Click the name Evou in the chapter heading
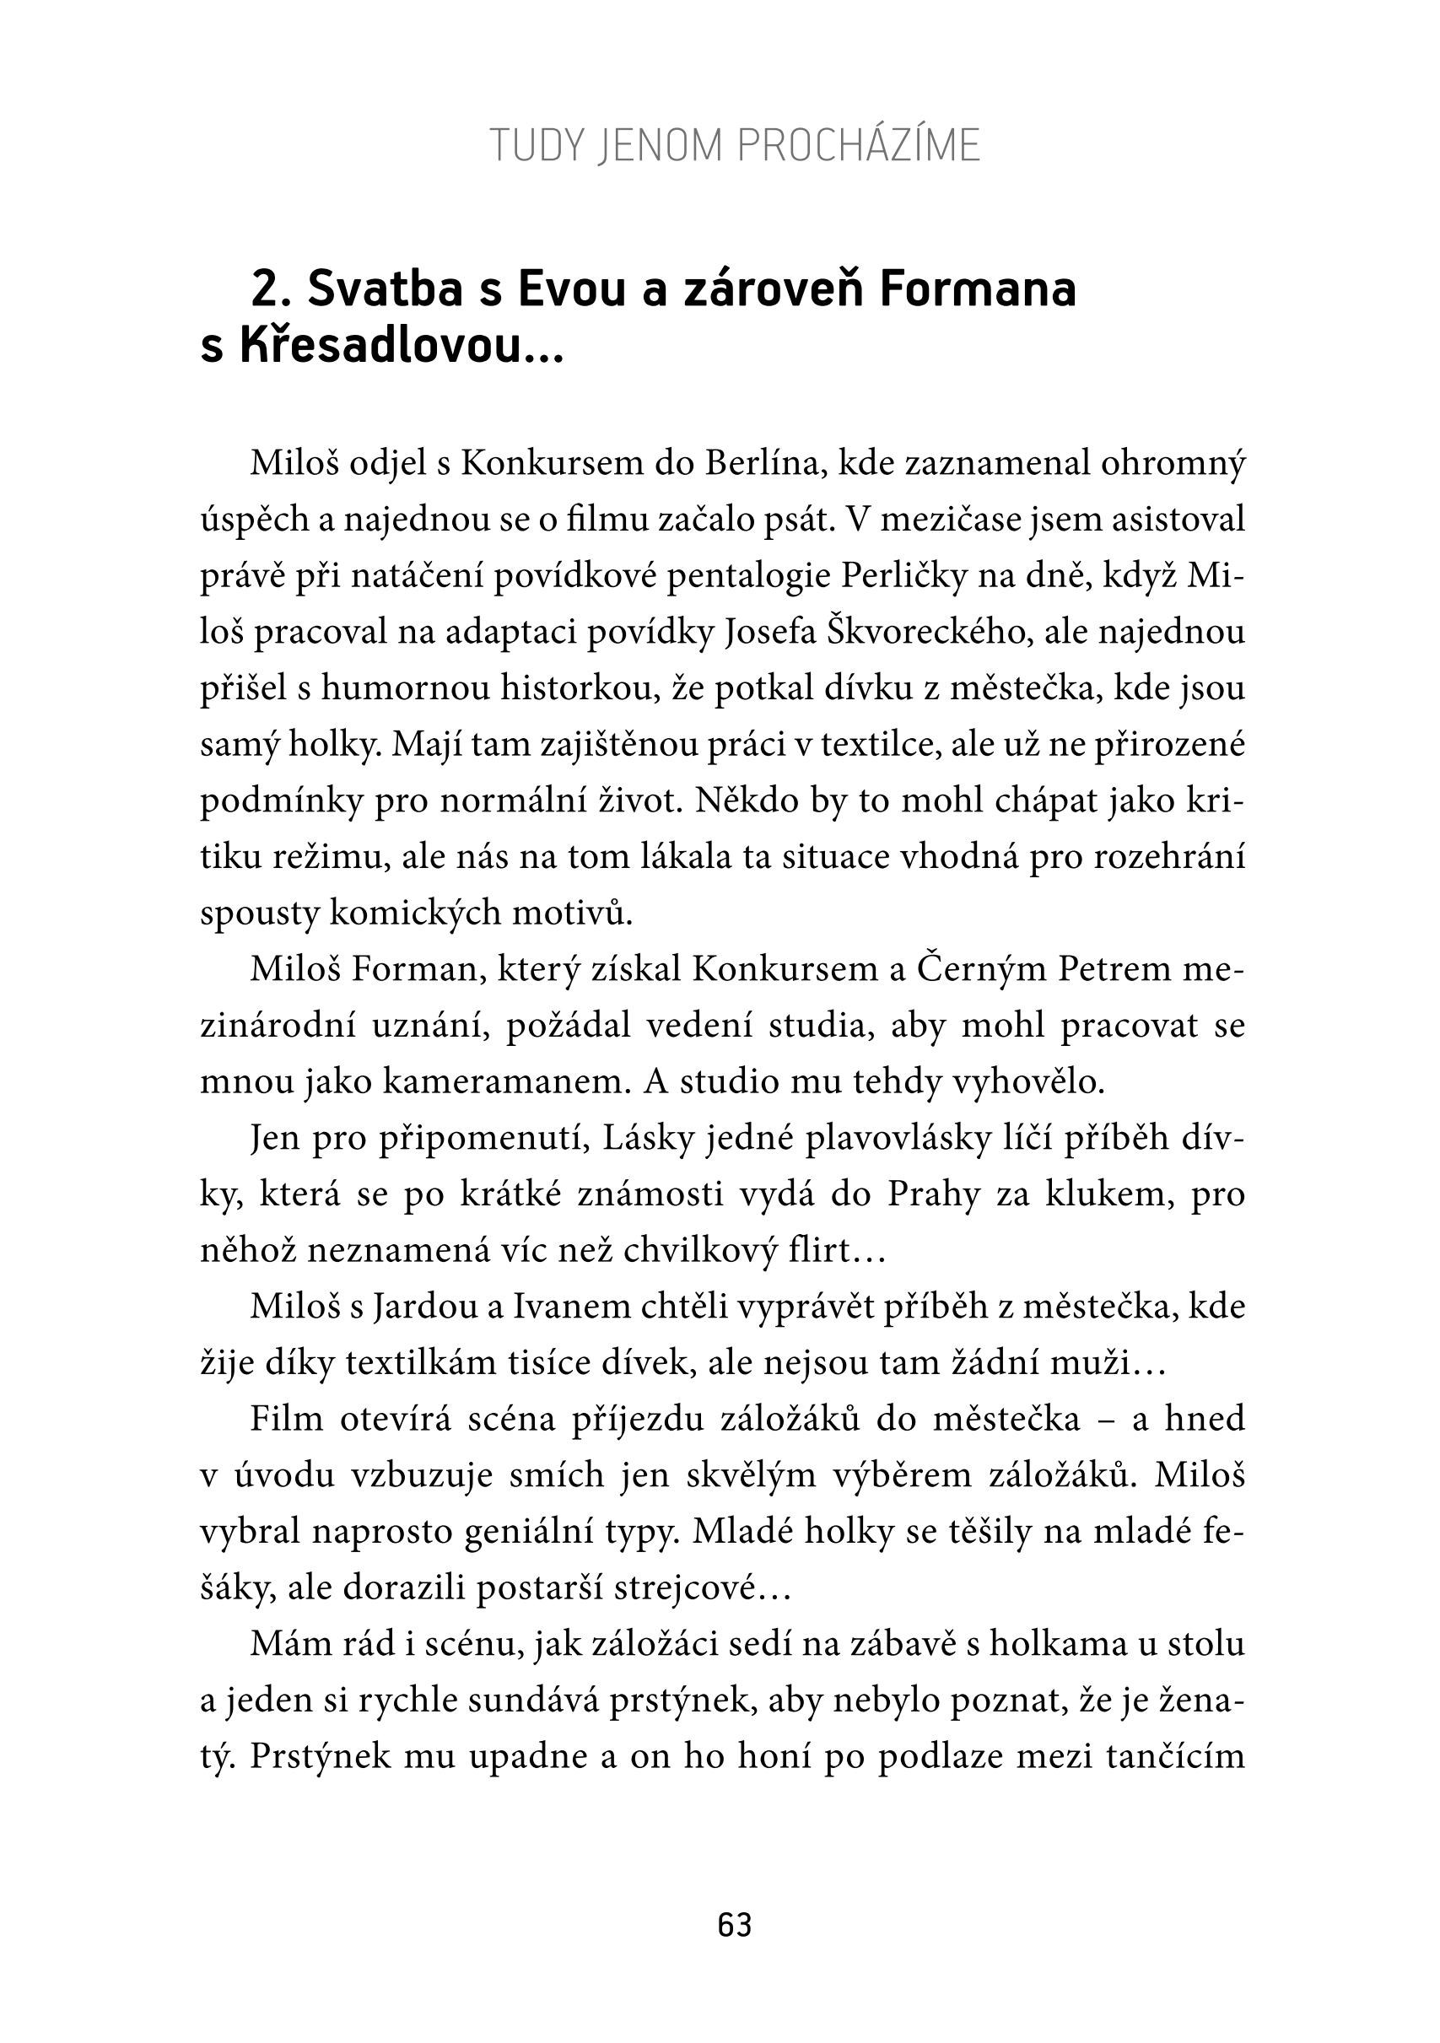(571, 289)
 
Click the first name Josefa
(772, 633)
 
